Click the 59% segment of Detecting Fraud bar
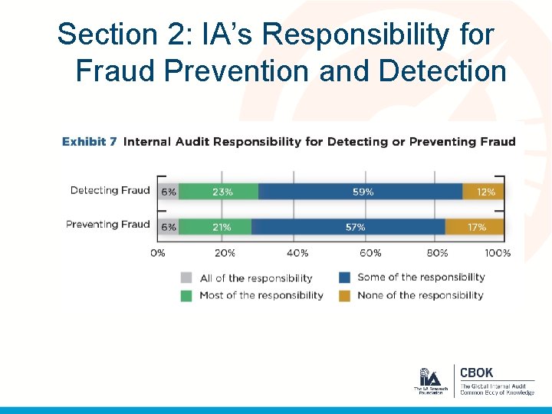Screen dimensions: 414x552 pyautogui.click(x=360, y=192)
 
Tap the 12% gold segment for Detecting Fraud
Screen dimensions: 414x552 pyautogui.click(x=484, y=192)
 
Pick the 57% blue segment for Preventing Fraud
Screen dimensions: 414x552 pyautogui.click(x=349, y=227)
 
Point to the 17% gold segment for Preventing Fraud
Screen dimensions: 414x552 pyautogui.click(x=475, y=227)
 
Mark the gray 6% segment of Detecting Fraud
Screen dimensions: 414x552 pyautogui.click(x=168, y=192)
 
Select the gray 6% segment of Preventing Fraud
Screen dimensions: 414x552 pyautogui.click(x=168, y=227)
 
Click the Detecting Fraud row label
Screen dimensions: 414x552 pyautogui.click(x=110, y=190)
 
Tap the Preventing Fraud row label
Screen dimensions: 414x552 pyautogui.click(x=107, y=225)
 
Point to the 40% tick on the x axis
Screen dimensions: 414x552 pyautogui.click(x=297, y=253)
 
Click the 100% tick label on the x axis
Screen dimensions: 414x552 pyautogui.click(x=498, y=253)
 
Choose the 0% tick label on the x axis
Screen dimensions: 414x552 pyautogui.click(x=157, y=253)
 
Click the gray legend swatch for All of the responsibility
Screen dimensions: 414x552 pyautogui.click(x=186, y=278)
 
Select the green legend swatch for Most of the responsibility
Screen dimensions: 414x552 pyautogui.click(x=186, y=296)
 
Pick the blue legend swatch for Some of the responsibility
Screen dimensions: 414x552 pyautogui.click(x=344, y=278)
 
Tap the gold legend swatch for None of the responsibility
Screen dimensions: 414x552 pyautogui.click(x=344, y=296)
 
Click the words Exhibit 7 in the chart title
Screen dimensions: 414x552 pyautogui.click(x=90, y=142)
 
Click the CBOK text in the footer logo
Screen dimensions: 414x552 pyautogui.click(x=478, y=373)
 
